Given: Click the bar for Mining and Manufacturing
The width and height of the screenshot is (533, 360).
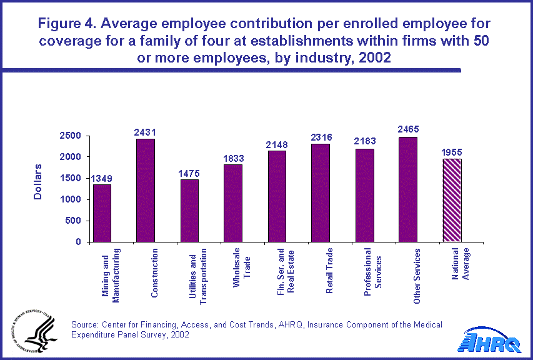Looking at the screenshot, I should [x=102, y=213].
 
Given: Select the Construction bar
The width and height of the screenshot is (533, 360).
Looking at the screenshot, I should [x=146, y=190].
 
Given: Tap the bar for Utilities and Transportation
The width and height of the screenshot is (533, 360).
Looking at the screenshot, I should [x=190, y=211].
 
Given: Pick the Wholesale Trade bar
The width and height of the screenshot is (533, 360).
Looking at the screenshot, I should [x=234, y=203].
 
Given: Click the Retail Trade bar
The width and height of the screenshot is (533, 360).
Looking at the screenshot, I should [x=321, y=192].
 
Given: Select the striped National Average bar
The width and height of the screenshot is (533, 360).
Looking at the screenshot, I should [x=451, y=201].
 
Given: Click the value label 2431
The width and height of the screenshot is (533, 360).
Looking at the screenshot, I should [x=146, y=132].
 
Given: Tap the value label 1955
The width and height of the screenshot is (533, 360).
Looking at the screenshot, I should [x=451, y=152].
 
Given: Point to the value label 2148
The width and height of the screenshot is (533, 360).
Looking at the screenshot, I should [x=277, y=144].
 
